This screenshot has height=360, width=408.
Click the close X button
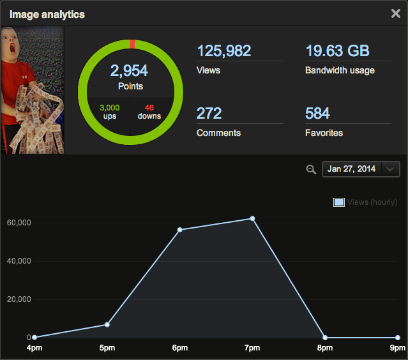click(396, 13)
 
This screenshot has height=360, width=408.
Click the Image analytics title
click(47, 14)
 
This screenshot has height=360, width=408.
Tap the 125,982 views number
click(224, 51)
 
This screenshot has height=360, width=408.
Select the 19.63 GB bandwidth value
click(337, 51)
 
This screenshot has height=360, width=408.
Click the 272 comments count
click(209, 114)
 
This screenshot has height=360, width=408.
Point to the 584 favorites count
click(317, 114)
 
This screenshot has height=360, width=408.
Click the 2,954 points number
click(130, 71)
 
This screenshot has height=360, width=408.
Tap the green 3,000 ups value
click(110, 108)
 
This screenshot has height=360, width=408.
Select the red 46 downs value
click(149, 108)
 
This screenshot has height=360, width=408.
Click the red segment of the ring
click(132, 43)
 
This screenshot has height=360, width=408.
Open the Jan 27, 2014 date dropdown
click(361, 169)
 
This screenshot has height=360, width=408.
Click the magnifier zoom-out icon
click(311, 169)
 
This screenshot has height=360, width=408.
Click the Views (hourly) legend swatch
click(339, 202)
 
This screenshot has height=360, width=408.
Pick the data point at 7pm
click(252, 219)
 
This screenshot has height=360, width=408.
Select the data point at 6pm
click(180, 230)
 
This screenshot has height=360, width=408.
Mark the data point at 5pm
click(107, 325)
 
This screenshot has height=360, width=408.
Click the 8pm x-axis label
click(325, 348)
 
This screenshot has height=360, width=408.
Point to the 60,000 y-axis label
click(20, 223)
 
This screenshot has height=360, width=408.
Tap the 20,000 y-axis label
click(20, 299)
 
